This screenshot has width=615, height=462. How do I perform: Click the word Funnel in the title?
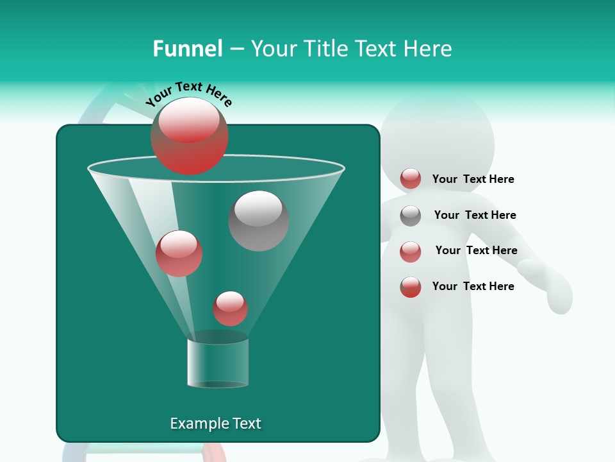(x=187, y=49)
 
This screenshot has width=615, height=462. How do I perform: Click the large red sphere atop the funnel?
(x=190, y=136)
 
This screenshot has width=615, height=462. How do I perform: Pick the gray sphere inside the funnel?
(x=259, y=221)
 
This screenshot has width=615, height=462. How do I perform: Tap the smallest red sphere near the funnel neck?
(x=230, y=309)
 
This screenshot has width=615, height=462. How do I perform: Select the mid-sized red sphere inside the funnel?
(x=179, y=253)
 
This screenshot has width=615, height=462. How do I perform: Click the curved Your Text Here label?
(x=189, y=93)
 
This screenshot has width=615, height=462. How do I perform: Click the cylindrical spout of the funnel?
(x=218, y=363)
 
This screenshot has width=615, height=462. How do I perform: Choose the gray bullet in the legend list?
(x=411, y=216)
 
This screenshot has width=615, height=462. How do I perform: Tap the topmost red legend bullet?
(x=411, y=179)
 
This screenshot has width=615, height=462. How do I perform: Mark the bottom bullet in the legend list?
(x=411, y=287)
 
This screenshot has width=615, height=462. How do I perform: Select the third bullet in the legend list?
(x=411, y=252)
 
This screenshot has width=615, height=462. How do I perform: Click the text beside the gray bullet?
(x=475, y=215)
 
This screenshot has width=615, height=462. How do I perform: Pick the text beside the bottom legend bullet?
(x=473, y=286)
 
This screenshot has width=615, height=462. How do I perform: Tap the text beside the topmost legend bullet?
(x=473, y=179)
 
